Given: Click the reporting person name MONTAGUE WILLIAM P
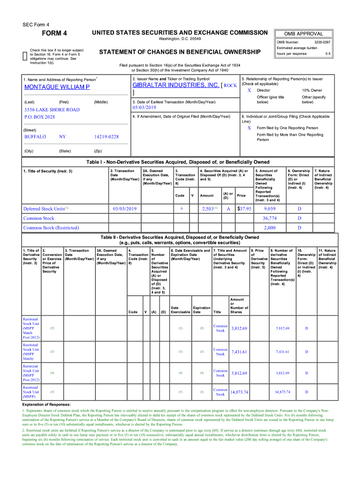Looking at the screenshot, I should point(57,87).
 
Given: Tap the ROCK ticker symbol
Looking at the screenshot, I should point(230,86).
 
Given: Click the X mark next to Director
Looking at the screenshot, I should point(249,90).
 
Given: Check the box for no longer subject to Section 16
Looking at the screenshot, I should point(25,56).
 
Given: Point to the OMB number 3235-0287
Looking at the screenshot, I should point(322,42).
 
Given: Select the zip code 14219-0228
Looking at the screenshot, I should point(106,137).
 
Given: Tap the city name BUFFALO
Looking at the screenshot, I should point(35,137).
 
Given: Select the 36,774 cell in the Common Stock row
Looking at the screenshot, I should point(269,218).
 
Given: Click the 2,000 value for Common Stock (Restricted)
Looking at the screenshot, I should point(269,227).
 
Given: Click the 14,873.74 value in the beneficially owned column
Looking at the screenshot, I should point(282,392).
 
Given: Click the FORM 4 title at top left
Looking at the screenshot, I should point(54,33).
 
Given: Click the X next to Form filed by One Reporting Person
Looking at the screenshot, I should point(249,128).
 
